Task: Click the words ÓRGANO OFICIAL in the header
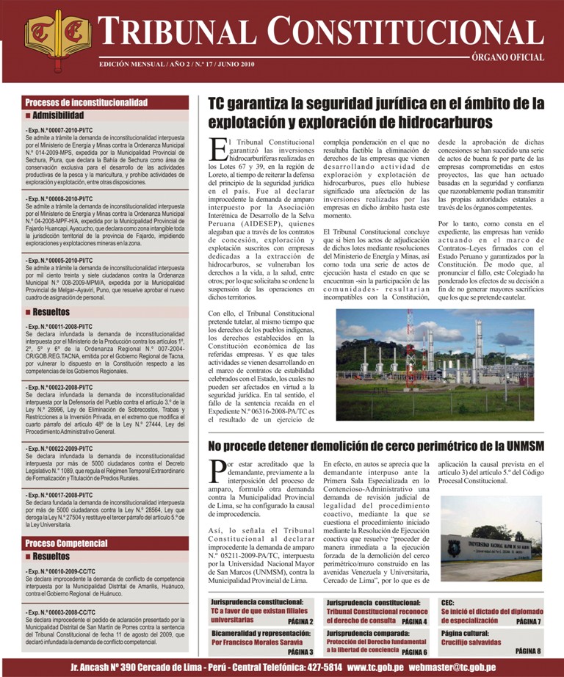[508, 57]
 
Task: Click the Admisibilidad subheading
[59, 115]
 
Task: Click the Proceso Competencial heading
[67, 543]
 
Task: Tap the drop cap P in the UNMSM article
[217, 471]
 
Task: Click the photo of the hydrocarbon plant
[435, 364]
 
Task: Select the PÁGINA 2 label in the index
[300, 620]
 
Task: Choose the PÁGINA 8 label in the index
[527, 651]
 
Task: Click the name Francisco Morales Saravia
[253, 642]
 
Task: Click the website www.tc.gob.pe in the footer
[375, 667]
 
